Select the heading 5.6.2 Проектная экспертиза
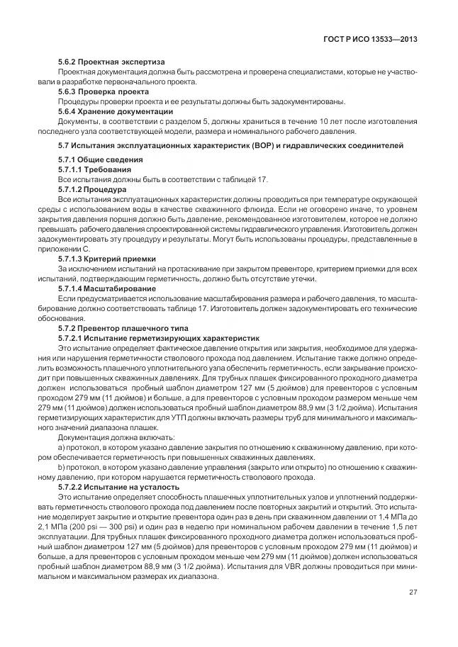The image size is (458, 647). coord(111,62)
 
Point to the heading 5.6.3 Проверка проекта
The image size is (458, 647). coord(103,91)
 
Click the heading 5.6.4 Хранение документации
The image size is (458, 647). coord(115,111)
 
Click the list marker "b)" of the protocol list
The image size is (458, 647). coord(61,467)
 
